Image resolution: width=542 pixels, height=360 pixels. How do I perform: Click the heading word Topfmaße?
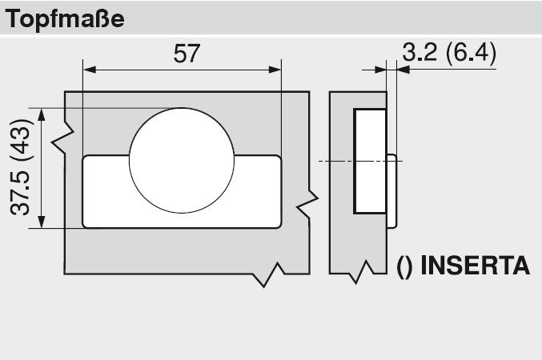point(65,19)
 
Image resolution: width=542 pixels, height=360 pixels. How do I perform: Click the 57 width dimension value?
point(187,54)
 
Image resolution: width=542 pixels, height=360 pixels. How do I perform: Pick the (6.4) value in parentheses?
point(471,54)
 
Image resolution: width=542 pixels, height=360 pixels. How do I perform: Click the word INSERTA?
point(476,266)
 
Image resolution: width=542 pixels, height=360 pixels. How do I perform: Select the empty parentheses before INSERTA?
point(404,266)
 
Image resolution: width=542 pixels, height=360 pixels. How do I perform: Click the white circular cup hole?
point(182,160)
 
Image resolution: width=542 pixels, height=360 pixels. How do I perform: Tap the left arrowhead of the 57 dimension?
point(90,70)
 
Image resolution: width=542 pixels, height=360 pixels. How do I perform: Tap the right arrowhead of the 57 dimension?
point(275,70)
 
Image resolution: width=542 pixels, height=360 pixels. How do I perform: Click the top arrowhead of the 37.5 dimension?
point(42,114)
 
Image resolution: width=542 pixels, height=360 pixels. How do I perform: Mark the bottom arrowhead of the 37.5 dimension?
point(42,222)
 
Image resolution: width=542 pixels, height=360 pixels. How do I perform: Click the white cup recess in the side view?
point(370,162)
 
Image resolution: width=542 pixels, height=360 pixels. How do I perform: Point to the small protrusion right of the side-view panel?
point(391,191)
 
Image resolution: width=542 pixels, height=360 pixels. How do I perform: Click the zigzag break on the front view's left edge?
point(63,137)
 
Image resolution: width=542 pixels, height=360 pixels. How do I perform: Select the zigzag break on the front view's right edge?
point(307,204)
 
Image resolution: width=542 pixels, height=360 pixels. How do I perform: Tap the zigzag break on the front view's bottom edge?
point(268,274)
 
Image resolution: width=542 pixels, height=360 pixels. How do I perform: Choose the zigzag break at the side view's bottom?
point(361,272)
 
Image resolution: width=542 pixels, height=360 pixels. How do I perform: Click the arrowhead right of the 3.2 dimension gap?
point(403,70)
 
